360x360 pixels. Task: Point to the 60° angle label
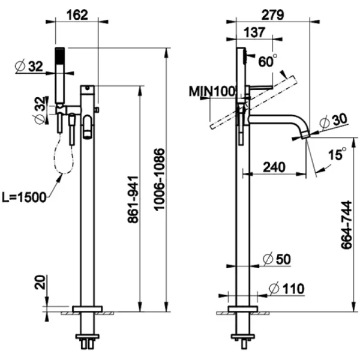point(268,61)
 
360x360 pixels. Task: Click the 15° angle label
point(337,155)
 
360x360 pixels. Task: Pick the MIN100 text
point(212,91)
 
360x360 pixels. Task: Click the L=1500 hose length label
point(23,197)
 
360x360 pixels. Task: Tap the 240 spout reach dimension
point(274,167)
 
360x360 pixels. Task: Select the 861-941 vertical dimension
point(134,200)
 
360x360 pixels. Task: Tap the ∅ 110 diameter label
point(286,289)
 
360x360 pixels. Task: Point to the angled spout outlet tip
point(305,135)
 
